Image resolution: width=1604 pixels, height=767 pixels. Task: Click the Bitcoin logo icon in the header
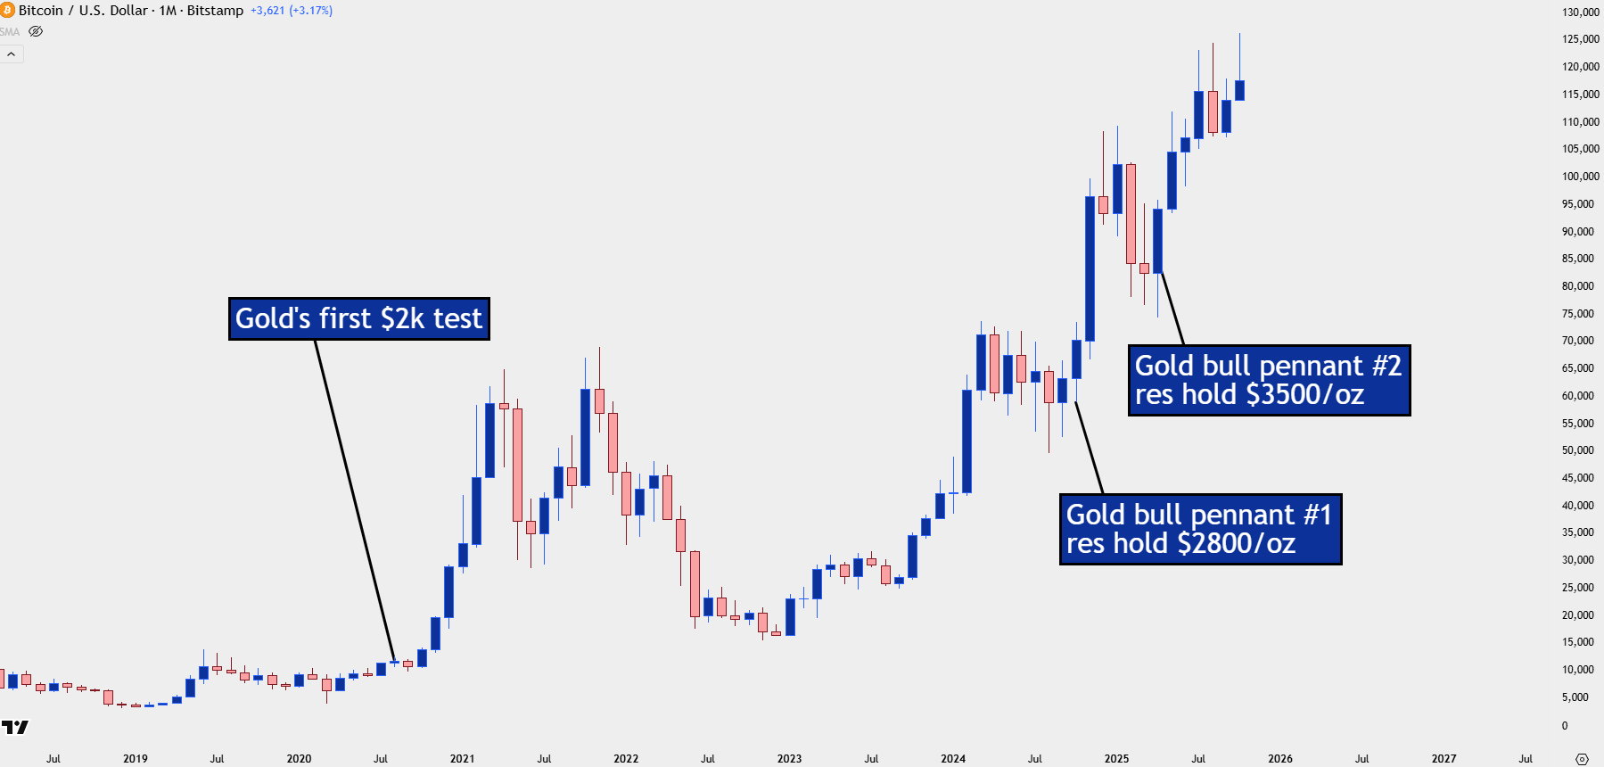[x=7, y=10]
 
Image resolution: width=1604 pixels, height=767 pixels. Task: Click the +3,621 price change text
[x=267, y=11]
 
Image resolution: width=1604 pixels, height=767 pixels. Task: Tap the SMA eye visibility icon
[x=36, y=31]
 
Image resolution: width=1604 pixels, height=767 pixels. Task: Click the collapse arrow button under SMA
[x=12, y=54]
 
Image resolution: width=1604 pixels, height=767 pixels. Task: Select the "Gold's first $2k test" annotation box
[x=359, y=318]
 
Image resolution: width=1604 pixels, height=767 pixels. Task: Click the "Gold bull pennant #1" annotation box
[x=1200, y=529]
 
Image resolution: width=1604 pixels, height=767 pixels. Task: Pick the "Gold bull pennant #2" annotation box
[x=1269, y=380]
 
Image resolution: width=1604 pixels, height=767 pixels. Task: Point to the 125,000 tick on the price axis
[x=1580, y=39]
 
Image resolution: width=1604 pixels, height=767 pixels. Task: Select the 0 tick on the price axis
[x=1565, y=725]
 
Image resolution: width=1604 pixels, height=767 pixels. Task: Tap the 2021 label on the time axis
[x=462, y=759]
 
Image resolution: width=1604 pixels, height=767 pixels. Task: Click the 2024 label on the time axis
[x=952, y=759]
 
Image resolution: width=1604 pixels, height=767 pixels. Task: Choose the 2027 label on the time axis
[x=1444, y=759]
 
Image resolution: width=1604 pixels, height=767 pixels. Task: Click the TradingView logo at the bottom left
[x=15, y=727]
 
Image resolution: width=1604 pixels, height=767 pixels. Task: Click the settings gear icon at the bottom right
[x=1582, y=759]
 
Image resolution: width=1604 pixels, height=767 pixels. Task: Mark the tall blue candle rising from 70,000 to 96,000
[x=1090, y=268]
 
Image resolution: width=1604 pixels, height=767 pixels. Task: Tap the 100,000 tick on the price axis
[x=1580, y=177]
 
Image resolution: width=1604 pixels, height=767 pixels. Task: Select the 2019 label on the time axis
[x=136, y=759]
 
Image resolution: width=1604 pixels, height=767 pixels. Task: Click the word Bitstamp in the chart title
[x=215, y=11]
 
